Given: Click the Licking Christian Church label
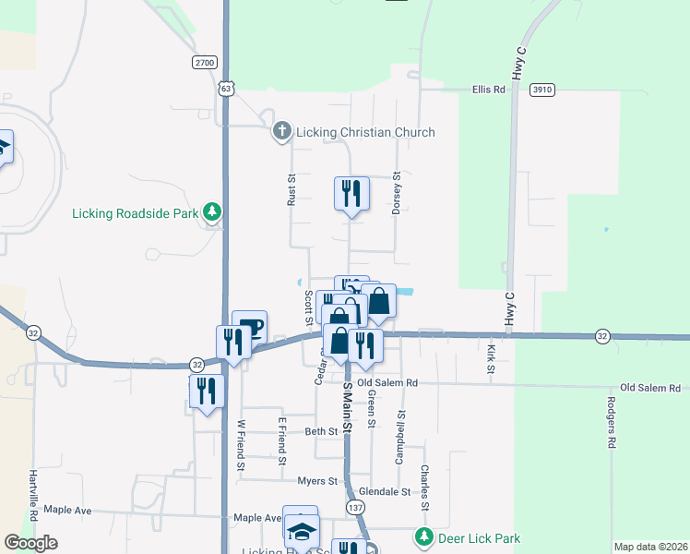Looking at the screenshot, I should point(364,132).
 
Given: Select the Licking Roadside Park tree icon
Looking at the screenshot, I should point(213,213).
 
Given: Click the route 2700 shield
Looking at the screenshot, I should point(205,63).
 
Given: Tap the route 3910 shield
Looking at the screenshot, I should point(541,90).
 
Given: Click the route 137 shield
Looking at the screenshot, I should point(354,508).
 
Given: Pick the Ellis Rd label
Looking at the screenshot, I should point(489,90).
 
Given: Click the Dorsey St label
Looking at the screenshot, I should point(397,193).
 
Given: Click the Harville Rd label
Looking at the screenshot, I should point(34,466).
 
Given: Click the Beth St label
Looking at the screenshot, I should point(321,431).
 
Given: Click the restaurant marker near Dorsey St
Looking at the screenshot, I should point(351,193).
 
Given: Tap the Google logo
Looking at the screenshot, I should point(31,543).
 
